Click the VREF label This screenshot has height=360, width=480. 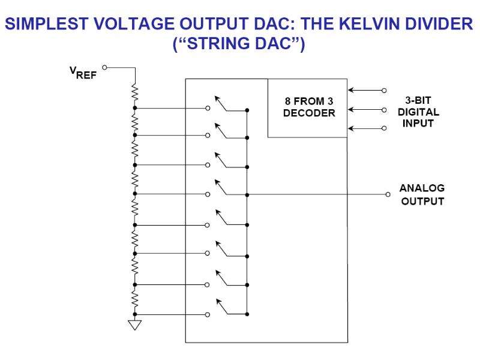(x=83, y=73)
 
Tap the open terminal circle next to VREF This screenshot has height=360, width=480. (x=104, y=67)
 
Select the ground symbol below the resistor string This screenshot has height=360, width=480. (x=134, y=325)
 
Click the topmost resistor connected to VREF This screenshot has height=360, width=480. (x=134, y=93)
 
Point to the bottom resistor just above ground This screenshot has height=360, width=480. (x=134, y=298)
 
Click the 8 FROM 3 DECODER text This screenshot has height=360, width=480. (x=309, y=107)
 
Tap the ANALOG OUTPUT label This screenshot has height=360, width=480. (x=422, y=194)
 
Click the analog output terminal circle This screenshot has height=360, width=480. (x=388, y=194)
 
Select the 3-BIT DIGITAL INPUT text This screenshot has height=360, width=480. (x=418, y=112)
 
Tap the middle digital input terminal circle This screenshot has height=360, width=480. (x=384, y=110)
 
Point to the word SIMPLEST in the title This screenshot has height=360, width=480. (x=47, y=24)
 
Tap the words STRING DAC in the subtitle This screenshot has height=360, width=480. (x=239, y=43)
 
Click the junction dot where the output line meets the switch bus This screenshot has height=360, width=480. (x=247, y=194)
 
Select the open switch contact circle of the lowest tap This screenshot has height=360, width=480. (x=208, y=314)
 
